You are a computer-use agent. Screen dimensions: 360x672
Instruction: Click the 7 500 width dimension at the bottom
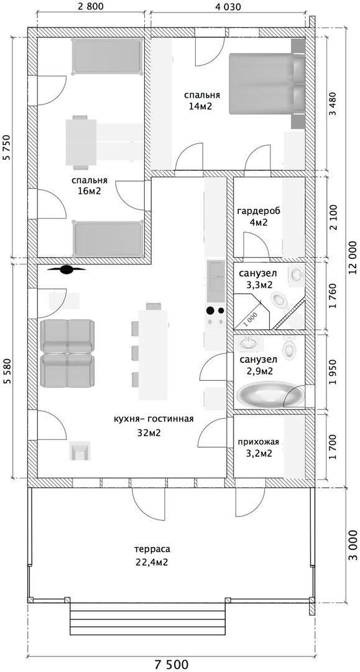click(171, 665)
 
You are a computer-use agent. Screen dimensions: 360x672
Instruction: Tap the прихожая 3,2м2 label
click(259, 447)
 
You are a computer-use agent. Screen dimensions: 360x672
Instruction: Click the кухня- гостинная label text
click(154, 419)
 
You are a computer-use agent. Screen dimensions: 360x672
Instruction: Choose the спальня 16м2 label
click(90, 185)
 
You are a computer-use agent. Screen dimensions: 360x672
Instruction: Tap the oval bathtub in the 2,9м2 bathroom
click(270, 394)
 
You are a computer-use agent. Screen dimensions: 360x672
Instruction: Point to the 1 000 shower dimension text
click(252, 319)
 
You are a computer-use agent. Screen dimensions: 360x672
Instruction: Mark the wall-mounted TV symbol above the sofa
click(67, 269)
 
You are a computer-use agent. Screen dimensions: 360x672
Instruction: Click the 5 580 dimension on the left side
click(6, 371)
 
